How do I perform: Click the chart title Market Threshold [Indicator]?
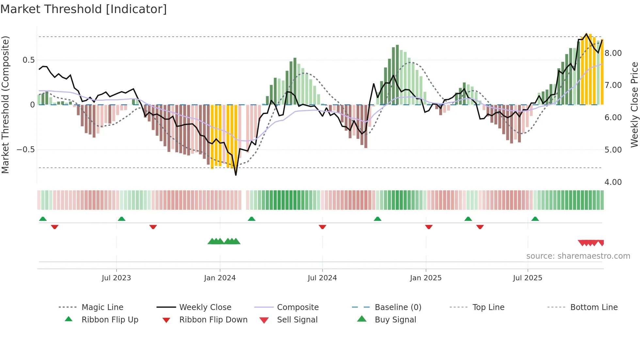point(84,9)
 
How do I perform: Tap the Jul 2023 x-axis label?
point(116,278)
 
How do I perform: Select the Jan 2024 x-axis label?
point(220,278)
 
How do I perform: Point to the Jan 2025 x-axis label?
point(426,278)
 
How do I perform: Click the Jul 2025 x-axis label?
point(527,278)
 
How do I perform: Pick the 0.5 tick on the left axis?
point(28,60)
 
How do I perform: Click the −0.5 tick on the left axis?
point(26,150)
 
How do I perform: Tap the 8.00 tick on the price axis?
point(613,53)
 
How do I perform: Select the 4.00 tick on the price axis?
point(613,182)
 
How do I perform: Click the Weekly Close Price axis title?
point(634,105)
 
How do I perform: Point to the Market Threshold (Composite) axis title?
point(5,105)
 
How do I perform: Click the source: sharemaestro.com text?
point(578,256)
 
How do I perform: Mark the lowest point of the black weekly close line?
point(236,175)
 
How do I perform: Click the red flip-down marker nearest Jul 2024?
point(323,227)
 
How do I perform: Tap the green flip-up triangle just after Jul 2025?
point(535,219)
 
